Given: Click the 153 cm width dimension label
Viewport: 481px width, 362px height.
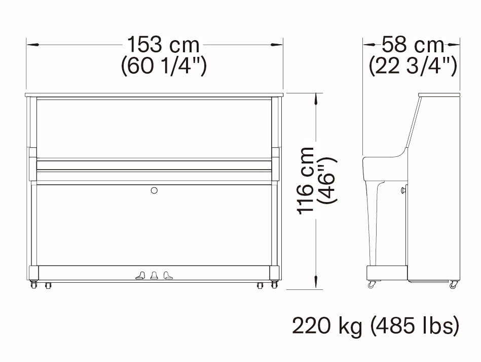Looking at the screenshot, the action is pos(163,45).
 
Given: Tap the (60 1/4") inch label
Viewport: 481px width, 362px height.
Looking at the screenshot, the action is pos(164,66).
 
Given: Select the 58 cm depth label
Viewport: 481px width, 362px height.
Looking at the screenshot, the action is pos(413,45).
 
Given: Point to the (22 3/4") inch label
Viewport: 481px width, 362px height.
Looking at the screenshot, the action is pos(413,66).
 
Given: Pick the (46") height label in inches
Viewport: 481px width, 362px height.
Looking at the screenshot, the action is pos(327,181).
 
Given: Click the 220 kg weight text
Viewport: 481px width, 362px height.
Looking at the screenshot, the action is pos(327,326).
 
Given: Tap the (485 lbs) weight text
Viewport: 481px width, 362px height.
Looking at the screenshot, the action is pos(415,326).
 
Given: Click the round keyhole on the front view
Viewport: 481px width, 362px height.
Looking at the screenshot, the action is pos(154,190).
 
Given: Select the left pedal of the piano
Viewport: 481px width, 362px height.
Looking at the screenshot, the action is pos(140,275).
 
